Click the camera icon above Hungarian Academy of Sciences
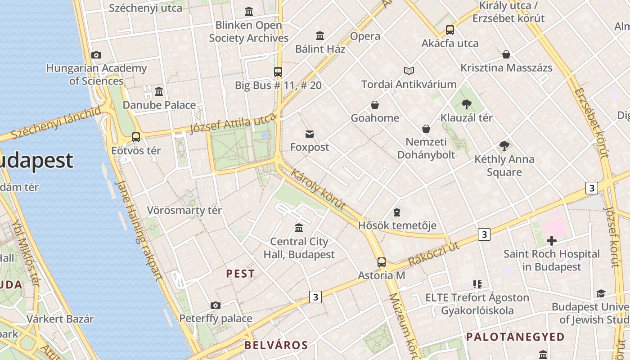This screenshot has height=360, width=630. coord(96,55)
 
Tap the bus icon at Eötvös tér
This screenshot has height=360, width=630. coord(136,137)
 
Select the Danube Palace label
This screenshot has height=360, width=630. coord(159,105)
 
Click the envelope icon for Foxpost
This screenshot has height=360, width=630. coord(310,134)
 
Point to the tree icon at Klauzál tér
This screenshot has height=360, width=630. coord(467,105)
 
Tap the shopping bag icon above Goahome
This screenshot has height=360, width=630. coord(375,105)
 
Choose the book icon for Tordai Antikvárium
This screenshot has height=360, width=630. coord(409,71)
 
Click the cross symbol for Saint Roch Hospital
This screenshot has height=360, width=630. coord(551,241)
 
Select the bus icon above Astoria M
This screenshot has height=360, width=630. coord(382,262)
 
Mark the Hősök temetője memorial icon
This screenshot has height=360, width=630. coord(397,212)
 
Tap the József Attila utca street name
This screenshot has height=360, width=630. coord(232,124)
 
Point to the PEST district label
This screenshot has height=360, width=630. coord(240,274)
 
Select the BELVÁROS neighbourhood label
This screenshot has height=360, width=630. coord(276,345)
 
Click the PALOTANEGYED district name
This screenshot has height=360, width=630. coord(515,337)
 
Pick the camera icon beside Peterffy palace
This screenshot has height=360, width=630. coord(216,306)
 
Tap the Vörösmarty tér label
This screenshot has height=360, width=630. coord(184,210)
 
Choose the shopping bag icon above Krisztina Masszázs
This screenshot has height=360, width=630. coord(506,55)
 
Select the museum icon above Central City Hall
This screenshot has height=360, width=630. coord(299,228)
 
